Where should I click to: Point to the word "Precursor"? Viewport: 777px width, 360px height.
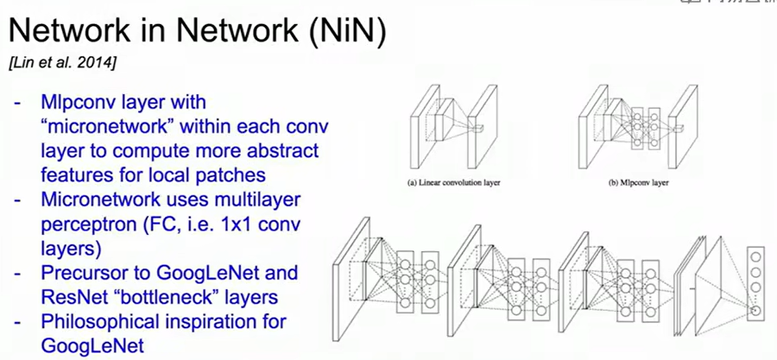[x=80, y=274]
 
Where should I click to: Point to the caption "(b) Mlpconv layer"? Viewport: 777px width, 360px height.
[x=639, y=183]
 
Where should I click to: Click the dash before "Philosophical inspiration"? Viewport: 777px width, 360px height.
[x=17, y=323]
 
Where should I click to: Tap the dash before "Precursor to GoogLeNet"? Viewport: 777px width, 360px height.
[x=17, y=274]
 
